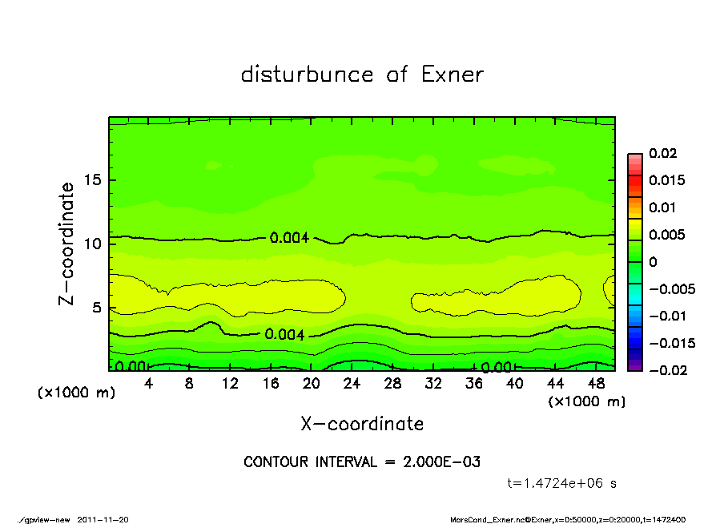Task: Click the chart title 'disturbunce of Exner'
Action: click(x=362, y=75)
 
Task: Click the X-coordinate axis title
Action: click(x=362, y=424)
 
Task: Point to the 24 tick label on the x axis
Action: click(x=352, y=384)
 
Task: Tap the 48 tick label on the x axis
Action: click(x=596, y=384)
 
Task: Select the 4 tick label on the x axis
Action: click(x=149, y=384)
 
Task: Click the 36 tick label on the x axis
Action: click(x=474, y=384)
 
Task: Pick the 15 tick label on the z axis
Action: click(x=93, y=180)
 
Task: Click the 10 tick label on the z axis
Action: click(x=93, y=244)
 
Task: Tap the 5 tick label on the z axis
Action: click(x=97, y=307)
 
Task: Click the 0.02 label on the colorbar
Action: click(x=663, y=153)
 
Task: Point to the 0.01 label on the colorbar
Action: click(x=663, y=208)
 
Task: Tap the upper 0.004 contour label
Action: click(x=289, y=238)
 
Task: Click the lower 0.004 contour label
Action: click(x=284, y=335)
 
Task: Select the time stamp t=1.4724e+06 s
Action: click(x=562, y=483)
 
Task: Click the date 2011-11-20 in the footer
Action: click(x=103, y=519)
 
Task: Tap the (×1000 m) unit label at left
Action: click(x=73, y=393)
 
